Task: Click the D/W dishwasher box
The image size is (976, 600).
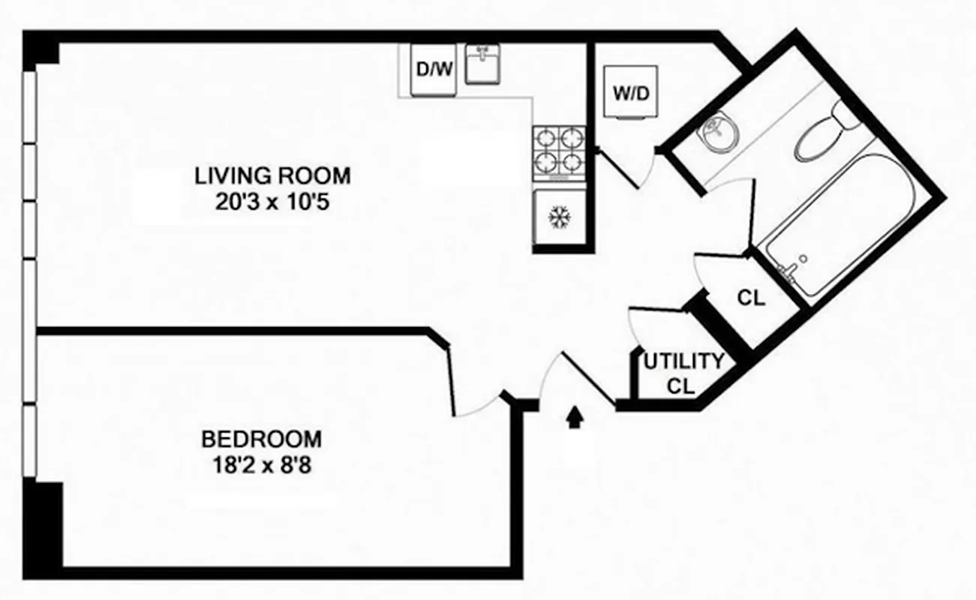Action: tap(434, 70)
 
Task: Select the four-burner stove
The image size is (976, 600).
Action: tap(558, 152)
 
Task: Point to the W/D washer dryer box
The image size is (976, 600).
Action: tap(629, 94)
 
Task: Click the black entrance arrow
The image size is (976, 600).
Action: tap(575, 417)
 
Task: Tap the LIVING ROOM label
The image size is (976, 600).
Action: tap(272, 176)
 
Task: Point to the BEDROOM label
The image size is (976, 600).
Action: tap(261, 439)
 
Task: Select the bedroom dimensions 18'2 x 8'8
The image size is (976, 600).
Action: tap(261, 465)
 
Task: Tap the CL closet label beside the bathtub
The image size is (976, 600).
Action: tap(751, 298)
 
